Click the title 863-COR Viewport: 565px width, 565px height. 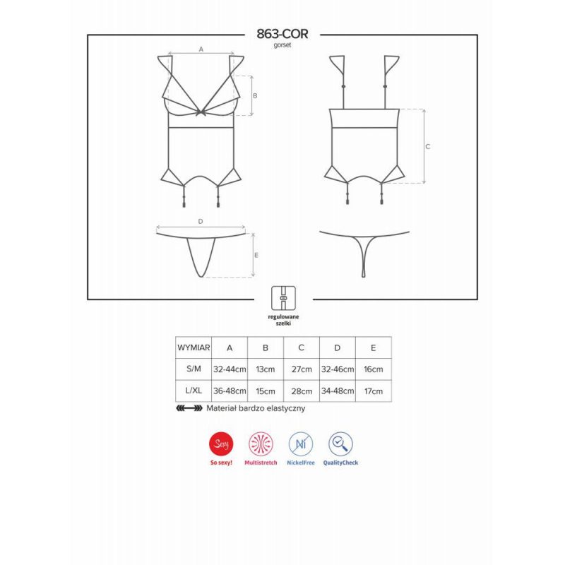tap(282, 34)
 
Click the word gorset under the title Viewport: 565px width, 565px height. tap(282, 45)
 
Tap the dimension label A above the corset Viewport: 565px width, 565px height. tap(201, 49)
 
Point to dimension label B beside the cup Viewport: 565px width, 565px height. tap(255, 96)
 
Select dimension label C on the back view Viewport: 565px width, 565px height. tap(428, 147)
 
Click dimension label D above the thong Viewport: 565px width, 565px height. tap(201, 222)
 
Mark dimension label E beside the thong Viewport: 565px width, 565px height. tap(256, 255)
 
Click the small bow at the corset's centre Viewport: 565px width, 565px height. tap(201, 112)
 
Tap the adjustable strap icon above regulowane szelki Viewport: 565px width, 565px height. tap(283, 298)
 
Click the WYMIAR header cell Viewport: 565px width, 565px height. tap(194, 347)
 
